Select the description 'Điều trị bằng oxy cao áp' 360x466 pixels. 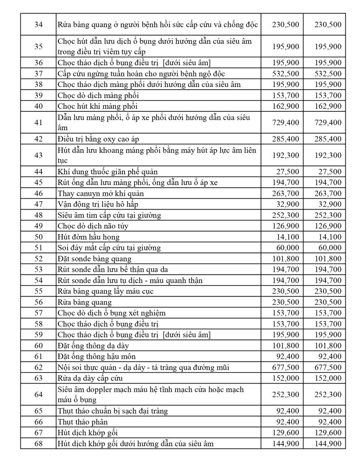pyautogui.click(x=96, y=139)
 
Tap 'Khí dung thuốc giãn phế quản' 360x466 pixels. pyautogui.click(x=108, y=172)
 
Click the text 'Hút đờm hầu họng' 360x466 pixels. pyautogui.click(x=89, y=237)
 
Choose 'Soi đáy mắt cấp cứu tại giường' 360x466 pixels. pyautogui.click(x=109, y=248)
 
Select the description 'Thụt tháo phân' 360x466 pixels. pyautogui.click(x=83, y=422)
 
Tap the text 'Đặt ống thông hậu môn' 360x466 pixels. pyautogui.click(x=97, y=356)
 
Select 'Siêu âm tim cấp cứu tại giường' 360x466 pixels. pyautogui.click(x=109, y=215)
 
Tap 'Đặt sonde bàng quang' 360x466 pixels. pyautogui.click(x=94, y=259)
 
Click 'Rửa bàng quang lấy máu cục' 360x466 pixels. pyautogui.click(x=105, y=291)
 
